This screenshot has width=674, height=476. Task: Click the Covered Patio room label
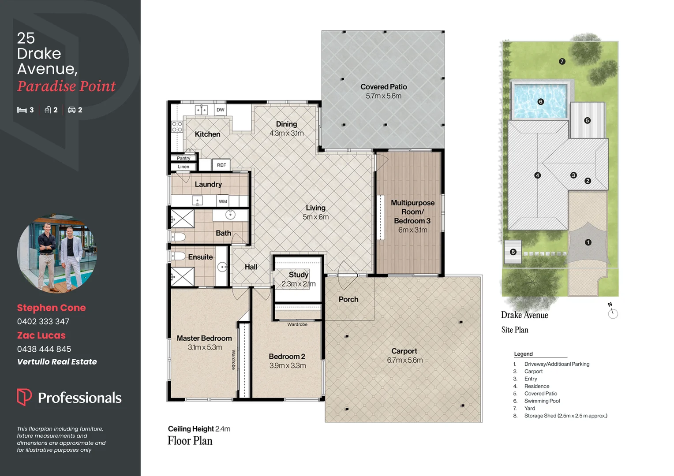pyautogui.click(x=383, y=87)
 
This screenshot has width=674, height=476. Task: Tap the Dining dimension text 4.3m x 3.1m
pyautogui.click(x=287, y=133)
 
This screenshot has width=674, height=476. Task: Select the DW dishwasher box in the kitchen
pyautogui.click(x=221, y=110)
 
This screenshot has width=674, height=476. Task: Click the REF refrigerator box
pyautogui.click(x=221, y=165)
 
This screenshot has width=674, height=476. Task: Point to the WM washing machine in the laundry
pyautogui.click(x=223, y=201)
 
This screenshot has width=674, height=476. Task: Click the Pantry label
pyautogui.click(x=183, y=158)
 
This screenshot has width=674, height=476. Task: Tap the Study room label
pyautogui.click(x=299, y=275)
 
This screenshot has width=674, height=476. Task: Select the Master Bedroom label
pyautogui.click(x=204, y=338)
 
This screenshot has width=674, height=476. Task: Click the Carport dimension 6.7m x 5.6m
pyautogui.click(x=404, y=360)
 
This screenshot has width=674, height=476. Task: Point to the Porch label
pyautogui.click(x=348, y=299)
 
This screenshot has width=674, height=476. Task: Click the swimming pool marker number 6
pyautogui.click(x=541, y=102)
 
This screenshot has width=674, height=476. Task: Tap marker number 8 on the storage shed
pyautogui.click(x=513, y=252)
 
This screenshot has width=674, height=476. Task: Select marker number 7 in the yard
pyautogui.click(x=562, y=62)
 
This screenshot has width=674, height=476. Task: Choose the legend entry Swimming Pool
pyautogui.click(x=542, y=401)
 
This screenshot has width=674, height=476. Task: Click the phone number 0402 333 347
pyautogui.click(x=43, y=321)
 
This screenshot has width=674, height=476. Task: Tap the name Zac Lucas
pyautogui.click(x=41, y=335)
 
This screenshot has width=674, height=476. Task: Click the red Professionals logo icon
pyautogui.click(x=24, y=397)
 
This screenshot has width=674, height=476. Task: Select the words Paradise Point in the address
pyautogui.click(x=67, y=86)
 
